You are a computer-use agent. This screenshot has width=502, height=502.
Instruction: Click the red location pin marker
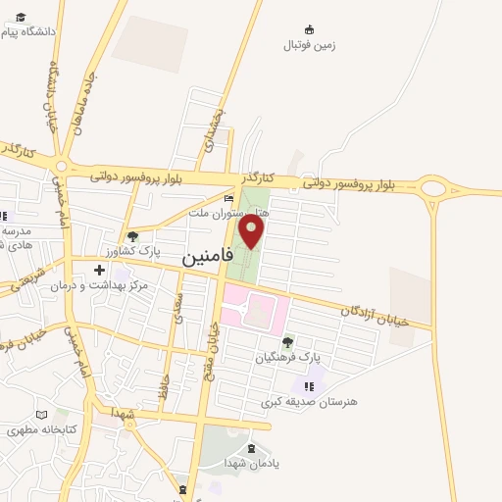(252, 231)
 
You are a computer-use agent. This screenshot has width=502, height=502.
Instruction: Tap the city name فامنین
(208, 256)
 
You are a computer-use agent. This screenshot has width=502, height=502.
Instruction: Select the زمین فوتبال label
(309, 45)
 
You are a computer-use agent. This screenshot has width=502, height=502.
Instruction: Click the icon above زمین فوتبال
(309, 29)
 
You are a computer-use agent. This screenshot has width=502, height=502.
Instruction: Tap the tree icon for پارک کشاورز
(132, 236)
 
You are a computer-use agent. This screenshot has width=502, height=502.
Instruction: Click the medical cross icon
(99, 270)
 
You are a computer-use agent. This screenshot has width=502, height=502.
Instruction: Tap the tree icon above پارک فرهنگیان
(287, 342)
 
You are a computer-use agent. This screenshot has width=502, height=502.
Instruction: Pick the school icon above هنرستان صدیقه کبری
(309, 385)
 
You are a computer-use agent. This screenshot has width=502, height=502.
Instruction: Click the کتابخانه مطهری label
(41, 429)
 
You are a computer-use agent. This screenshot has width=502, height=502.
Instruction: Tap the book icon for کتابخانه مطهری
(41, 414)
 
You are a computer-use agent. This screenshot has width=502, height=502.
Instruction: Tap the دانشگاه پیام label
(29, 31)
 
